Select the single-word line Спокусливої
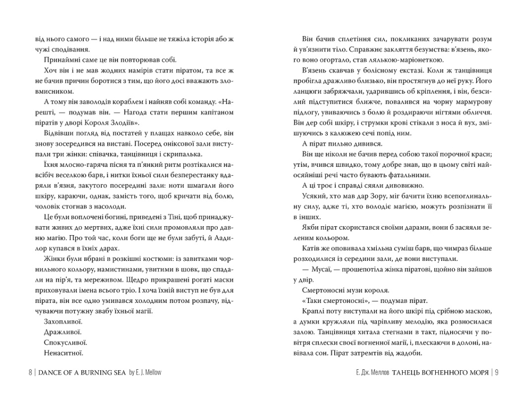(x=60, y=342)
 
